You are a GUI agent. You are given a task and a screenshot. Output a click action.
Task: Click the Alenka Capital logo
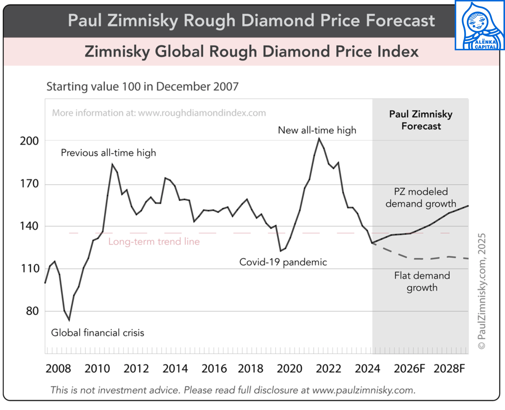[x=479, y=25]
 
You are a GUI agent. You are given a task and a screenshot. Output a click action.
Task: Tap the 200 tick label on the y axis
[x=29, y=141]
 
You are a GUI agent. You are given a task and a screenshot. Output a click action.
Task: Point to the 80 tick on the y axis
[x=32, y=311]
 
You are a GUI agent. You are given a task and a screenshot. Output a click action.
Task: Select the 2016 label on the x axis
[x=214, y=368]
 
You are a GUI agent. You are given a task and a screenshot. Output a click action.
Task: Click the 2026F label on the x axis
[x=409, y=368]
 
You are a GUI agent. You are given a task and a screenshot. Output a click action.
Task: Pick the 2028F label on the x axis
[x=449, y=368]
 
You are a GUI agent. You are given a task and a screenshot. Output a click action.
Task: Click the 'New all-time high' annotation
[x=317, y=130]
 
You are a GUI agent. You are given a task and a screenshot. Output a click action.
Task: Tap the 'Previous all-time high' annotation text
[x=108, y=153]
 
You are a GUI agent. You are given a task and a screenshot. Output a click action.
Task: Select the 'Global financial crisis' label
[x=97, y=333]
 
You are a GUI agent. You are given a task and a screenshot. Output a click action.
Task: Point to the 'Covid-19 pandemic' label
[x=283, y=262]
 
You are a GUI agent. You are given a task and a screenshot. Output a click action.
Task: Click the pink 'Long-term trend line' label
[x=154, y=242]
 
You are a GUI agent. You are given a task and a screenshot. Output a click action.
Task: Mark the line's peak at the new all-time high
[x=319, y=139]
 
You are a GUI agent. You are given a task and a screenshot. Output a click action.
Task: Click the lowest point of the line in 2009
[x=69, y=320]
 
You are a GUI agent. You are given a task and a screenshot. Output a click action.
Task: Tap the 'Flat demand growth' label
[x=422, y=281]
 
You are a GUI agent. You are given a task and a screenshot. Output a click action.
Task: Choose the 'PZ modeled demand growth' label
[x=421, y=198]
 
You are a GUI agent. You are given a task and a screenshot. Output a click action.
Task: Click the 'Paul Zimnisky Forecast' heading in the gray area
[x=421, y=120]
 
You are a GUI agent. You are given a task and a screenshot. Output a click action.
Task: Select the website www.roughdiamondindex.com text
[x=202, y=113]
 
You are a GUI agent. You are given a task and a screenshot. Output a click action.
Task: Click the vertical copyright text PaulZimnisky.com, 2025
[x=482, y=291]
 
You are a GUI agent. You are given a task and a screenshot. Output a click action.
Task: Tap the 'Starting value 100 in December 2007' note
[x=142, y=86]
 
